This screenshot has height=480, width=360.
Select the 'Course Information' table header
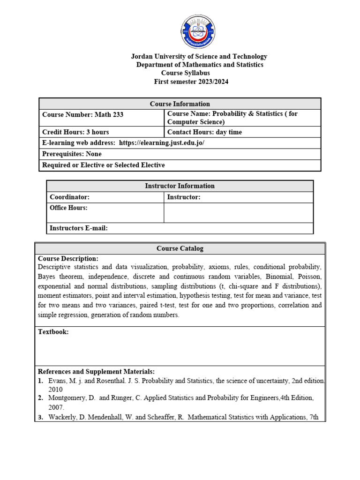click(180, 104)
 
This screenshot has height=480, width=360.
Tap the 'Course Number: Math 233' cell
click(83, 114)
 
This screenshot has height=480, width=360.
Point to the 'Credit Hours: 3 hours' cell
click(75, 132)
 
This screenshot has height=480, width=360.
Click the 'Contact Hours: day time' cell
click(204, 132)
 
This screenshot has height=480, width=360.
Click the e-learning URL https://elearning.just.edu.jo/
click(162, 143)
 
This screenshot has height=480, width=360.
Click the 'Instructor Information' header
click(180, 186)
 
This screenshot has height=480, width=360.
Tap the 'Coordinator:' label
click(69, 197)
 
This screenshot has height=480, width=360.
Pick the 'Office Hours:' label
click(68, 208)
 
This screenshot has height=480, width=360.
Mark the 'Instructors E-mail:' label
click(79, 228)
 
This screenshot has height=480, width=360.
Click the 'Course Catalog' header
click(180, 248)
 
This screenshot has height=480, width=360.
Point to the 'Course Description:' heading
click(68, 258)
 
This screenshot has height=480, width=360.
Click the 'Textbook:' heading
click(53, 332)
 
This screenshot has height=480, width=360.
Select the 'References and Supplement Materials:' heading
click(96, 371)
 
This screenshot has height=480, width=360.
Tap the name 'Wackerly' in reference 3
click(63, 417)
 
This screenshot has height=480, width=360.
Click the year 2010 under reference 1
click(55, 389)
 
